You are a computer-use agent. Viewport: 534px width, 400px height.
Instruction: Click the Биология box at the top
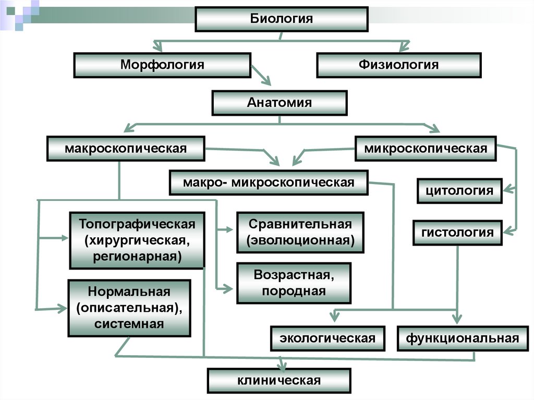coord(282,20)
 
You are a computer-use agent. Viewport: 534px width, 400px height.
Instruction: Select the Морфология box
coord(162,65)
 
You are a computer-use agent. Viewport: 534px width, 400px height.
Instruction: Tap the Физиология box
coord(398,65)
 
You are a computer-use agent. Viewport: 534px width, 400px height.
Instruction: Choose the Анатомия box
coord(279,103)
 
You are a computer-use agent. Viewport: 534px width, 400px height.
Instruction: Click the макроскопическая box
coord(126,149)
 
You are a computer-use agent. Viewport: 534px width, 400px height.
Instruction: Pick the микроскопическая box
coord(426,149)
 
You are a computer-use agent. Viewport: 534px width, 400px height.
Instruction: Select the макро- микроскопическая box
coord(269,183)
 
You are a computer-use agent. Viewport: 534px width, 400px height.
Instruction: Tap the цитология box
coord(459,190)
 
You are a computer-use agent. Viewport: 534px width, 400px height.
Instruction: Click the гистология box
coord(457,232)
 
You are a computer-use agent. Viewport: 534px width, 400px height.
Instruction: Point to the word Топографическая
coord(137,224)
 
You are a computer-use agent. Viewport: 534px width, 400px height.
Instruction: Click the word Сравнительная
coord(300,224)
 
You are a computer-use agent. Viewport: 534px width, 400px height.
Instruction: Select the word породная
coord(294,291)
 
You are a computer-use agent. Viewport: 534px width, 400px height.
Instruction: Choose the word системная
coord(129,324)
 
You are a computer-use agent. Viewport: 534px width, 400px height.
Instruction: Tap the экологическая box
coord(327,338)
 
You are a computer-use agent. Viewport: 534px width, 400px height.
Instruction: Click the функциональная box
coord(463,338)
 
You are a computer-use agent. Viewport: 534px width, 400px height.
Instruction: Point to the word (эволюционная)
coord(300,241)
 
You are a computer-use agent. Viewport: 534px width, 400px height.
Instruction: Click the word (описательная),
coord(129,307)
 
